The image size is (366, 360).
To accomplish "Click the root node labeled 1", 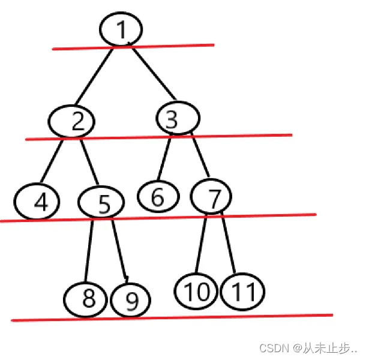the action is pyautogui.click(x=122, y=29).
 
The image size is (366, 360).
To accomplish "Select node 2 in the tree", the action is pyautogui.click(x=71, y=122).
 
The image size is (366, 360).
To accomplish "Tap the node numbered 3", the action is pyautogui.click(x=177, y=118).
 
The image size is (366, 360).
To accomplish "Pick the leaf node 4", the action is pyautogui.click(x=37, y=202).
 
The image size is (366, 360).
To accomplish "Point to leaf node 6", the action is pyautogui.click(x=158, y=196).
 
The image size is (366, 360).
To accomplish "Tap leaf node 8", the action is pyautogui.click(x=88, y=298).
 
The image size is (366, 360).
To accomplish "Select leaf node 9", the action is pyautogui.click(x=131, y=301).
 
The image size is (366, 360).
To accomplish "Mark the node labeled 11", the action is pyautogui.click(x=242, y=292).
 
